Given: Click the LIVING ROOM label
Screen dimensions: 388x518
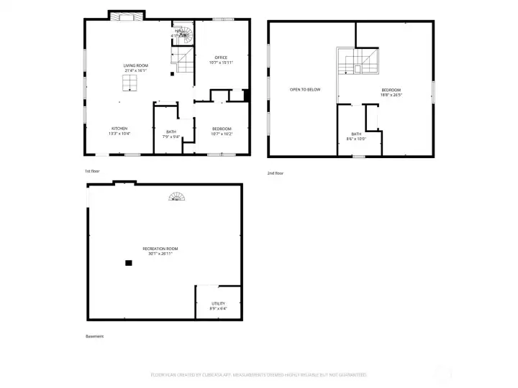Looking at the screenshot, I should click(x=135, y=65).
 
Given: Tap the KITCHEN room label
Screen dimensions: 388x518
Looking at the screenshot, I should click(x=119, y=129).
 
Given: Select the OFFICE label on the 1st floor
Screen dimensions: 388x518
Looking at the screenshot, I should click(x=221, y=57).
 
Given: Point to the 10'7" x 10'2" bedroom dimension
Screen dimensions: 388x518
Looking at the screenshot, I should click(x=222, y=134).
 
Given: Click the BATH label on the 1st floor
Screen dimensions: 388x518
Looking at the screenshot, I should click(x=171, y=131).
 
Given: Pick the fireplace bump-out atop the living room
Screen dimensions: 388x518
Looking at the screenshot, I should click(x=127, y=15).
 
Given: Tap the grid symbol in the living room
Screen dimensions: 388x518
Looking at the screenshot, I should click(x=129, y=85).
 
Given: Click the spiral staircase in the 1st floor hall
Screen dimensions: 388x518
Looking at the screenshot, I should click(x=183, y=32).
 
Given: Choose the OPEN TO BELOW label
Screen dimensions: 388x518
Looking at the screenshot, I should click(x=305, y=90).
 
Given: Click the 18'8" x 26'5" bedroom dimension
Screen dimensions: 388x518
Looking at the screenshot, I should click(x=391, y=95).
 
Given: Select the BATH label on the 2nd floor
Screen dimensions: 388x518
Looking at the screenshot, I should click(x=357, y=134).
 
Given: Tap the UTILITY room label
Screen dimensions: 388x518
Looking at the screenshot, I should click(x=218, y=304).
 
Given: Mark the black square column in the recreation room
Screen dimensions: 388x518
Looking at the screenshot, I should click(x=129, y=263).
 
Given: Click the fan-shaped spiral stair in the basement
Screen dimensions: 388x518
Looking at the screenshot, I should click(x=176, y=195).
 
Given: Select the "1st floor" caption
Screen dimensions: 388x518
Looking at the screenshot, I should click(x=92, y=171).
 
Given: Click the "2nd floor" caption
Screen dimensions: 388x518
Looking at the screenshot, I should click(x=276, y=172).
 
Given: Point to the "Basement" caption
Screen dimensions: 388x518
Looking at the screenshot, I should click(x=94, y=336).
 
